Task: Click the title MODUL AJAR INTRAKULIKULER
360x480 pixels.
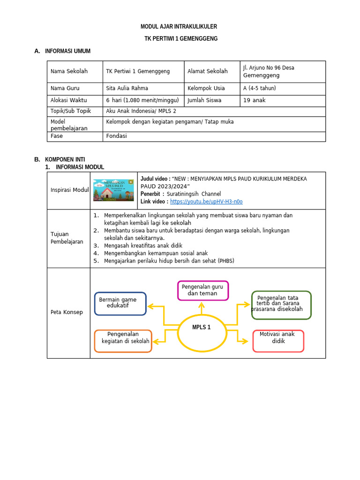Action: [179, 27]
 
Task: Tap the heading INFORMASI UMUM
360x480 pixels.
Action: [67, 51]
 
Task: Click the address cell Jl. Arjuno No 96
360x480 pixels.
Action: [269, 71]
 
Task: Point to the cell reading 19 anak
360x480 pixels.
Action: [254, 100]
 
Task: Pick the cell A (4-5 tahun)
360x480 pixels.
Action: [259, 88]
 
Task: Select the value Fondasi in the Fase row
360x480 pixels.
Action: [117, 136]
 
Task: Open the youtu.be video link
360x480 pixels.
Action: [206, 202]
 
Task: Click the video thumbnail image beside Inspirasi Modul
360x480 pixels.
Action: [113, 190]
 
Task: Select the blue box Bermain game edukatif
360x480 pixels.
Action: [120, 303]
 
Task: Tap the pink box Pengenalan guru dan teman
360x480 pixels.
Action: [202, 290]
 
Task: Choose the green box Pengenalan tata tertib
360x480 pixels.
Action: [281, 305]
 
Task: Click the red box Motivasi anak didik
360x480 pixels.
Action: [278, 341]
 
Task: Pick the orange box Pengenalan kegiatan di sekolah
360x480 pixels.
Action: [123, 341]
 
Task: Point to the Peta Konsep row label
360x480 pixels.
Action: [67, 312]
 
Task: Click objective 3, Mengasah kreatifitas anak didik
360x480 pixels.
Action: [143, 246]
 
